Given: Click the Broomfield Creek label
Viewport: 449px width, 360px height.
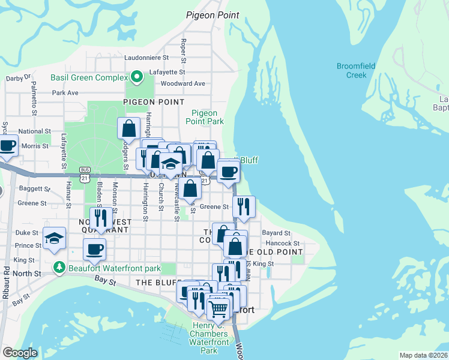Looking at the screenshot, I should tap(356, 70).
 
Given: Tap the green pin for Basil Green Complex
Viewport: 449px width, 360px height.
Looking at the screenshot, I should tap(136, 77).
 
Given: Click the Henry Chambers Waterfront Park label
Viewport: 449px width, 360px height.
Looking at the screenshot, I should tap(209, 338).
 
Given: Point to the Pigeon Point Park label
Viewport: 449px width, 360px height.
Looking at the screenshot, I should tap(208, 117).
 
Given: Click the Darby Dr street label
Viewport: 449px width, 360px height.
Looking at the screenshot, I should tap(18, 78).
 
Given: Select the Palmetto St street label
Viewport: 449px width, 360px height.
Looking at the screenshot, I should tap(34, 99).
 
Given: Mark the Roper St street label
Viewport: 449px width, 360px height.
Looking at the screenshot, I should tap(183, 50).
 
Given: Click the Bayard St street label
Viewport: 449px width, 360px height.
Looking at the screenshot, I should tap(276, 233).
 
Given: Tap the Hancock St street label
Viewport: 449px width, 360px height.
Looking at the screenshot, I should tap(282, 243).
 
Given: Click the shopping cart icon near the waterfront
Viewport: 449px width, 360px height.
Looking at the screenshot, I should tap(218, 309).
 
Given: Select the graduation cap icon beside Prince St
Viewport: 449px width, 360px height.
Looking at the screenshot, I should tap(55, 238).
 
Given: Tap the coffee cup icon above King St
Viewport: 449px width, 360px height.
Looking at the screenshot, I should tap(94, 249).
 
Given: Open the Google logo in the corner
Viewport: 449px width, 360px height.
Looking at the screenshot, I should tap(20, 353).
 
